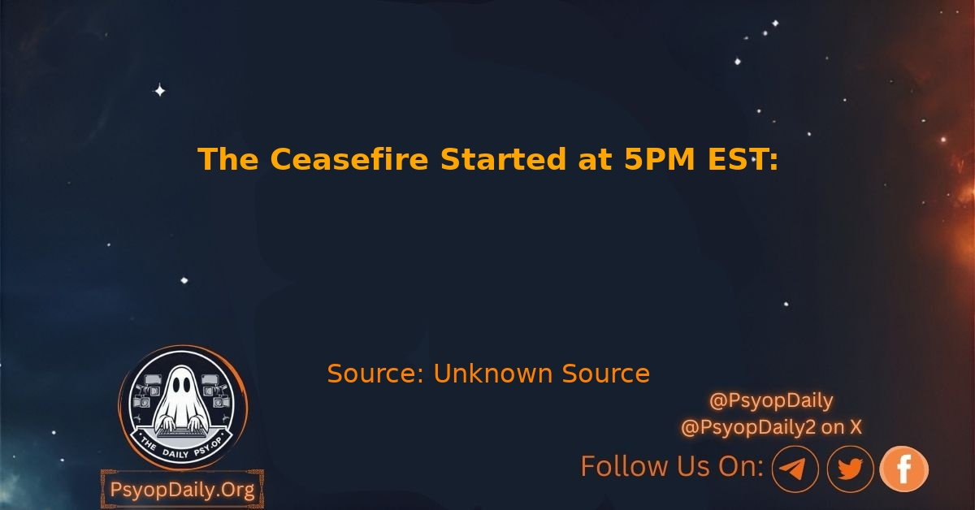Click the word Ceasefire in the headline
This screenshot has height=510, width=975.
click(349, 159)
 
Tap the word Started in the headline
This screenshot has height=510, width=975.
click(503, 159)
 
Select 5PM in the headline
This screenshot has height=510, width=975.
click(660, 159)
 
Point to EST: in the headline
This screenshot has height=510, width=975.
click(743, 159)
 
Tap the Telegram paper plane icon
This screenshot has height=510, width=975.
click(795, 469)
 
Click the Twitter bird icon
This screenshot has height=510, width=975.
click(850, 469)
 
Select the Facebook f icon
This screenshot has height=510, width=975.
click(904, 469)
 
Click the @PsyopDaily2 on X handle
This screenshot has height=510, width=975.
click(771, 427)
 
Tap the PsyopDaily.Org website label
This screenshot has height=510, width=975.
click(182, 490)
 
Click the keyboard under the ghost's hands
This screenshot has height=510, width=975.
click(180, 433)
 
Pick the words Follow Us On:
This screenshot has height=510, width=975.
click(672, 466)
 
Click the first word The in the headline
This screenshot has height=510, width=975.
click(228, 159)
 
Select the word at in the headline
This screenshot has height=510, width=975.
click(595, 160)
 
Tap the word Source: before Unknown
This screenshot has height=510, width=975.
click(375, 374)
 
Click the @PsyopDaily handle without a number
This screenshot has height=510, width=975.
click(771, 401)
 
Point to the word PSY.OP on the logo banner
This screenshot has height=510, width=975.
click(208, 447)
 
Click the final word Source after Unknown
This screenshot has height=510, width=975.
click(606, 374)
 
